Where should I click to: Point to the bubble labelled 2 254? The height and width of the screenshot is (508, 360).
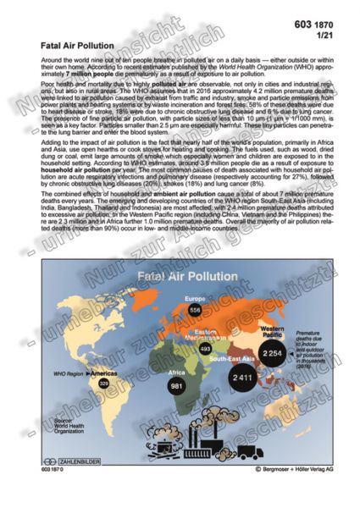click(x=273, y=352)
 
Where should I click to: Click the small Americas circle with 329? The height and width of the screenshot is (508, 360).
click(x=103, y=384)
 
